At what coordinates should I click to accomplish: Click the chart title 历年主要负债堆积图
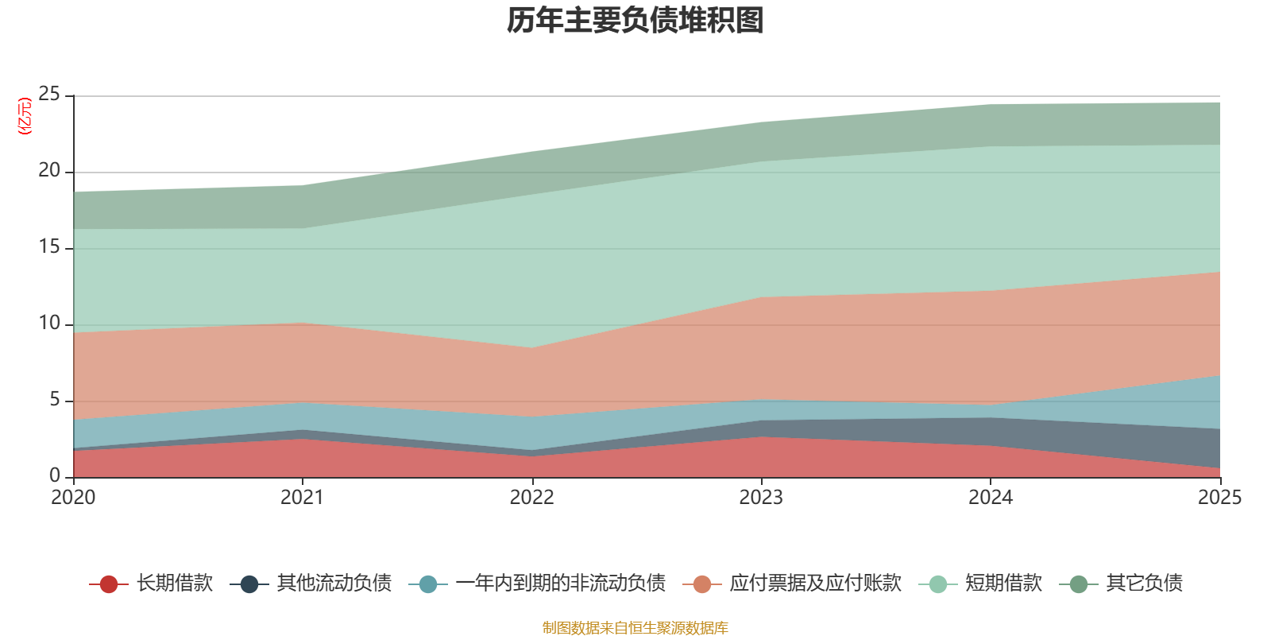[635, 21]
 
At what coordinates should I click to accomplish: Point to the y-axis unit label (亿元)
[25, 116]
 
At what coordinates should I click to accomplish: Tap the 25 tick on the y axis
[49, 95]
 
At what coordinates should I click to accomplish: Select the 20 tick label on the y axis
[49, 171]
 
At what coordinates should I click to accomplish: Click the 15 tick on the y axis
[49, 247]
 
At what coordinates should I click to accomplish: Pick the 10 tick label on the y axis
[49, 324]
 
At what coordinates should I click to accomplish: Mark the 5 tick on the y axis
[55, 400]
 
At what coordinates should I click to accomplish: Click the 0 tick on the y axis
[55, 475]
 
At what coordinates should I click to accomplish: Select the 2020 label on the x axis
[73, 498]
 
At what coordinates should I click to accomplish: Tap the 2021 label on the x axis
[302, 498]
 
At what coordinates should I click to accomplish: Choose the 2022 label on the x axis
[531, 498]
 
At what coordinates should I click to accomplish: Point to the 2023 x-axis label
[761, 498]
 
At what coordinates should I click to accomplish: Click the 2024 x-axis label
[990, 498]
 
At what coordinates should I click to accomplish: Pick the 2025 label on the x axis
[1219, 498]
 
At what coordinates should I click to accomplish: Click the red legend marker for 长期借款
[109, 584]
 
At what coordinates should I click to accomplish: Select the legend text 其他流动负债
[334, 584]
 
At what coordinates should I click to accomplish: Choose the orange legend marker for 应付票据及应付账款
[702, 584]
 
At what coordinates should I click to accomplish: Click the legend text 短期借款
[1003, 584]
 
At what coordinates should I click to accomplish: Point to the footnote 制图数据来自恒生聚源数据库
[635, 628]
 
